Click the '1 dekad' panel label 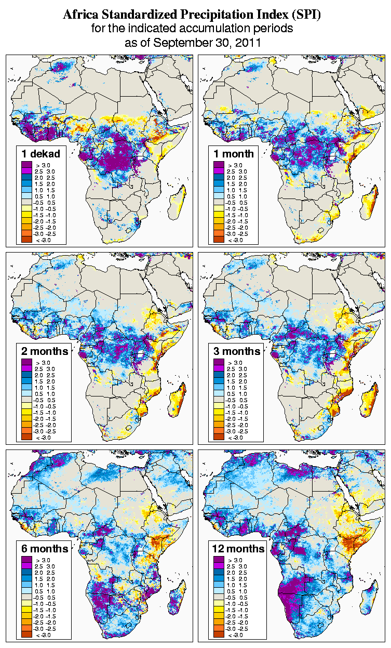click(x=41, y=154)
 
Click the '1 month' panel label click(x=234, y=154)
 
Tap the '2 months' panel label click(x=45, y=351)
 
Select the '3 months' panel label click(x=237, y=351)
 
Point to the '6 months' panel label click(x=45, y=549)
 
